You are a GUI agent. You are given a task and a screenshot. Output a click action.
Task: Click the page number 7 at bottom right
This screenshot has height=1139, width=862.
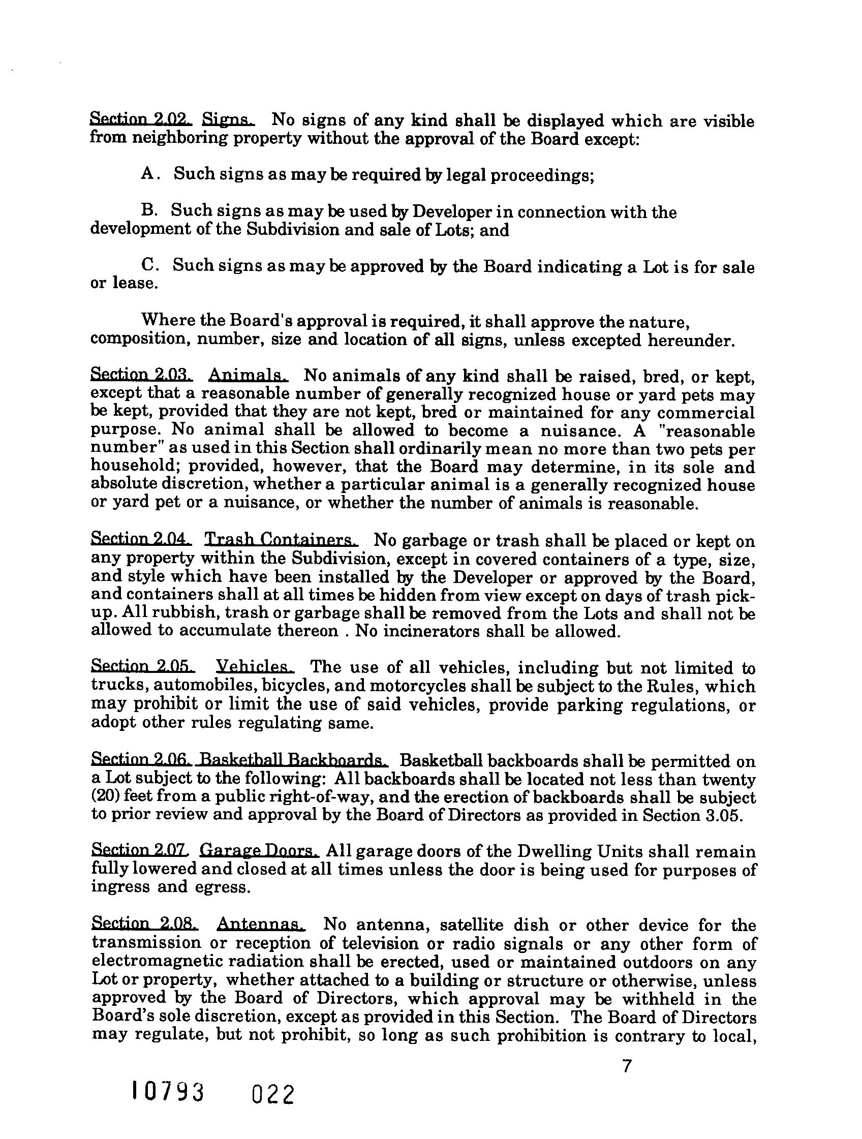[x=626, y=1066]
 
